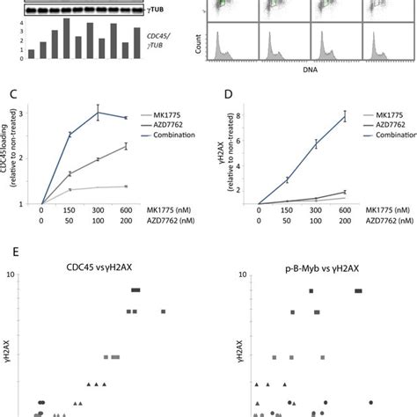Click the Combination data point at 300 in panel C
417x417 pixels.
[99, 113]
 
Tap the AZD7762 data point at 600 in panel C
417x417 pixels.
[126, 146]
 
